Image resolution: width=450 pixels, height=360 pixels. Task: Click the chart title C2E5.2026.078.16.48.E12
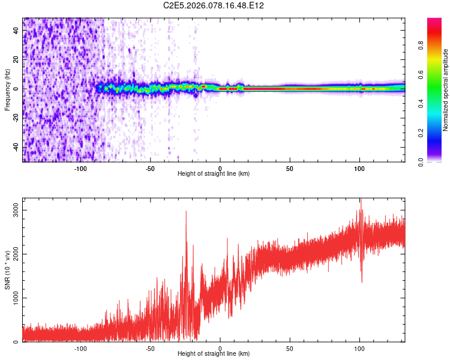(x=214, y=5)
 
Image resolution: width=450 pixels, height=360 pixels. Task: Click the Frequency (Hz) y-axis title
(x=8, y=89)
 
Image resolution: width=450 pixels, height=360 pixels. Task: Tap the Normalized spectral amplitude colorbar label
(x=445, y=90)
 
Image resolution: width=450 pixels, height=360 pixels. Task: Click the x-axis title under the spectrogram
(x=214, y=173)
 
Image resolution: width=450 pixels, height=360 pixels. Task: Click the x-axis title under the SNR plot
(x=214, y=353)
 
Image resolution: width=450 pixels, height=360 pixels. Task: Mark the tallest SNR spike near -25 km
(x=186, y=211)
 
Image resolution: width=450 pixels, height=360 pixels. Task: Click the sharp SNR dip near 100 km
(x=361, y=282)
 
